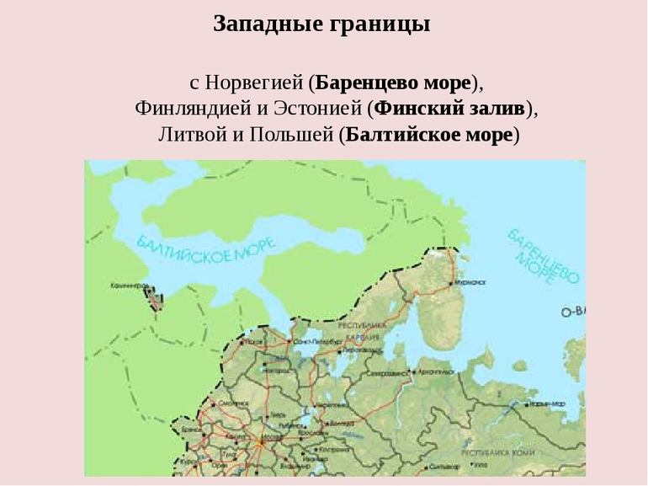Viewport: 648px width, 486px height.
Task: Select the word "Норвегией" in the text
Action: (x=255, y=83)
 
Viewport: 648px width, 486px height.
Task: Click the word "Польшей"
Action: (x=289, y=134)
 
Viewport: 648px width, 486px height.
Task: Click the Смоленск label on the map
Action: (x=231, y=403)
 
